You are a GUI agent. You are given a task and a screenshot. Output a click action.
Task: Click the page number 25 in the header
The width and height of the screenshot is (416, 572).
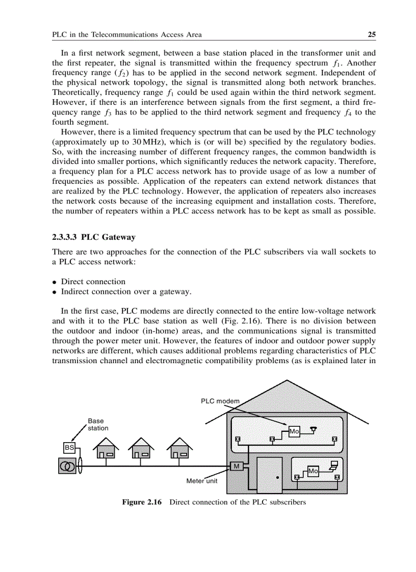click(372, 35)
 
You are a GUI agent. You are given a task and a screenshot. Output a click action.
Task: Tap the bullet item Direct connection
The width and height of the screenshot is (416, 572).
click(93, 282)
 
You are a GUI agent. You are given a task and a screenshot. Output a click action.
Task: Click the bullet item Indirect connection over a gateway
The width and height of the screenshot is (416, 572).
click(126, 291)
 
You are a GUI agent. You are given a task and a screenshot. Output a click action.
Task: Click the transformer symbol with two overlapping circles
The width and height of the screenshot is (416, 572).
click(67, 466)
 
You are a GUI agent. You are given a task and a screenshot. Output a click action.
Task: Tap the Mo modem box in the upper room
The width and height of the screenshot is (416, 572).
click(294, 431)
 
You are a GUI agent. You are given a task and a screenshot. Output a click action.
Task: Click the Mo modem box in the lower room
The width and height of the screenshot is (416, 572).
click(313, 472)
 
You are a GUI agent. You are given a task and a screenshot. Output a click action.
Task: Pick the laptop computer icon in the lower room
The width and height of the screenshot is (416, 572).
click(334, 465)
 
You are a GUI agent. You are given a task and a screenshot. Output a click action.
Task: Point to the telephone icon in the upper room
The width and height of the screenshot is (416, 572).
click(314, 429)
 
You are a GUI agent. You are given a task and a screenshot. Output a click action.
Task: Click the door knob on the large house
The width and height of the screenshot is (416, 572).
click(277, 478)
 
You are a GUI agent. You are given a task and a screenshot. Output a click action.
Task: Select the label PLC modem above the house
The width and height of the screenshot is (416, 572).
click(220, 401)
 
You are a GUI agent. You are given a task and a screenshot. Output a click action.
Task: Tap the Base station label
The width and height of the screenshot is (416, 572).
click(97, 424)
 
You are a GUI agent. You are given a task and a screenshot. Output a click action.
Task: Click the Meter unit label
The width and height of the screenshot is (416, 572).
click(202, 481)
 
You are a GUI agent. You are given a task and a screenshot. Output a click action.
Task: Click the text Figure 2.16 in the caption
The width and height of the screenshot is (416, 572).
click(141, 502)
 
